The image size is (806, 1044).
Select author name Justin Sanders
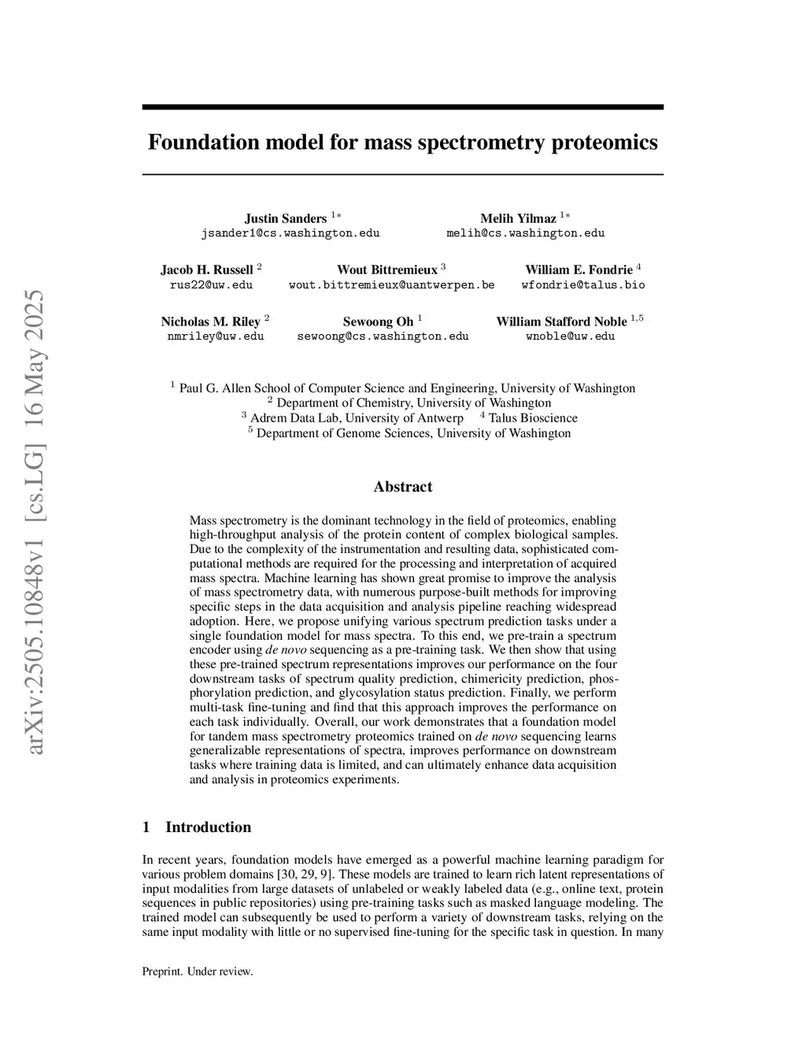(x=285, y=218)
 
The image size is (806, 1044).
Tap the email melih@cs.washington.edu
(x=525, y=233)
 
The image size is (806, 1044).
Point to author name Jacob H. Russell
(x=207, y=269)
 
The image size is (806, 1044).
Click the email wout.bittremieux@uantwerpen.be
(x=391, y=284)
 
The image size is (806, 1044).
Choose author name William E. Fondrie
(x=579, y=269)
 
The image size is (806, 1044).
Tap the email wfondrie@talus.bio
(x=582, y=284)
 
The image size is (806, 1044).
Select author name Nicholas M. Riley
(x=210, y=321)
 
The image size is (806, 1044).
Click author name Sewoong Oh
(x=378, y=321)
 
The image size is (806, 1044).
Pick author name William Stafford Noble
(x=561, y=321)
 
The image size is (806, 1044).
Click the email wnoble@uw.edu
(x=570, y=336)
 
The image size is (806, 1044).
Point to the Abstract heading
(x=402, y=487)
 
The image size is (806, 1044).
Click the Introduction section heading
(x=208, y=827)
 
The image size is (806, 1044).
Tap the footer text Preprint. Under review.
(x=198, y=972)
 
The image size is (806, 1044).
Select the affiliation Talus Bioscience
(x=533, y=418)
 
